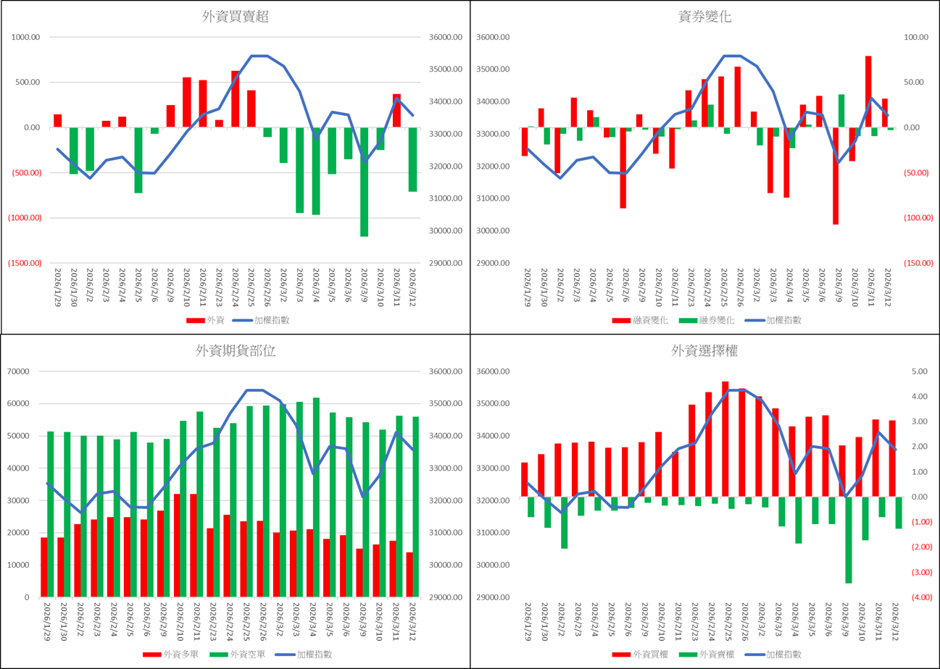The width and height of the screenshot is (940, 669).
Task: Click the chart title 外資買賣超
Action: [236, 17]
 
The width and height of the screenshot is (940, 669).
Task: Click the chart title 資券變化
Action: [704, 17]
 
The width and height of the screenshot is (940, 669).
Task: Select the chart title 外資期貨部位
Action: [236, 351]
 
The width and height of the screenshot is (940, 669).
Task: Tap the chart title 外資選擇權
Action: [704, 351]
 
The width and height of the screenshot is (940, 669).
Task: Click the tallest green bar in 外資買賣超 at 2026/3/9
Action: [364, 182]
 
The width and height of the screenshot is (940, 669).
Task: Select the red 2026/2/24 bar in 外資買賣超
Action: [235, 98]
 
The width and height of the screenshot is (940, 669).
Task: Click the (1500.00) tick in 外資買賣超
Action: [26, 264]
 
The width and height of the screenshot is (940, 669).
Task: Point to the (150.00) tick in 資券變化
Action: [913, 264]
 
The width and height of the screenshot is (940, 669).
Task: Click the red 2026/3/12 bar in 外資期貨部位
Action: [409, 574]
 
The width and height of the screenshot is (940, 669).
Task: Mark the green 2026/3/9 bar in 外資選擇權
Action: [848, 539]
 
